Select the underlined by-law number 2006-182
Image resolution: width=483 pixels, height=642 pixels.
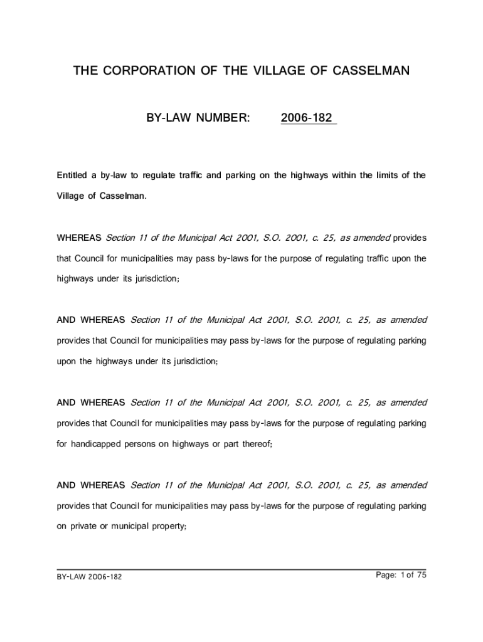pyautogui.click(x=307, y=118)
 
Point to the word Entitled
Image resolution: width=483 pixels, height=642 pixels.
pyautogui.click(x=74, y=176)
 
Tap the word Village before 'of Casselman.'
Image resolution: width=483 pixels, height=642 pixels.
pyautogui.click(x=70, y=196)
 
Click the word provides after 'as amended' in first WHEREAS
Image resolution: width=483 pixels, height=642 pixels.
pyautogui.click(x=410, y=238)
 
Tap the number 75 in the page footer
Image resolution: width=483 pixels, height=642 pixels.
pyautogui.click(x=422, y=575)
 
